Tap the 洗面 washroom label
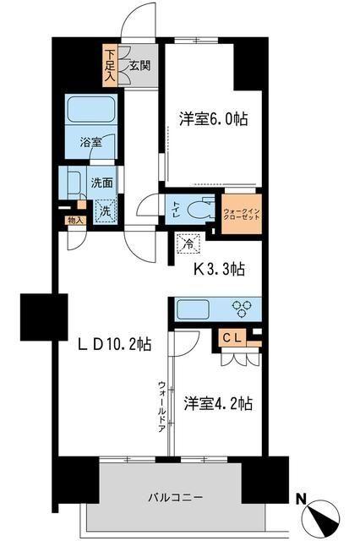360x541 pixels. click(102, 180)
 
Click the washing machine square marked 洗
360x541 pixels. click(104, 210)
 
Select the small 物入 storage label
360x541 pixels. click(75, 221)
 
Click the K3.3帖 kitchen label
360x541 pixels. click(213, 270)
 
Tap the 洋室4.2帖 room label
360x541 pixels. click(217, 404)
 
